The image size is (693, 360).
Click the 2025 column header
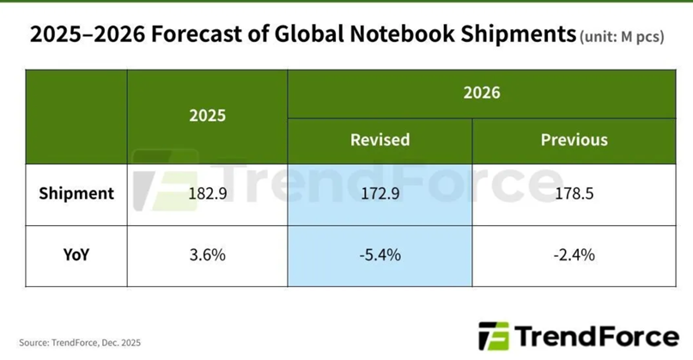[x=207, y=115]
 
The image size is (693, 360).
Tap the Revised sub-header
[x=380, y=139]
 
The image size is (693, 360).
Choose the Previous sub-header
[x=574, y=139]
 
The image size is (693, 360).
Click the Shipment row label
[x=76, y=193]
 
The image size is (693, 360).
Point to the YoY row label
[x=76, y=254]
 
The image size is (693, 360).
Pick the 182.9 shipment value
[x=207, y=194]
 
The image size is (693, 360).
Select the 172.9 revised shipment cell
[x=380, y=194]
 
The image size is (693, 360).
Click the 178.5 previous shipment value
[x=574, y=194]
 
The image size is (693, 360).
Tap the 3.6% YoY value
[x=207, y=255]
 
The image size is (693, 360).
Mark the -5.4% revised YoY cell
[x=380, y=255]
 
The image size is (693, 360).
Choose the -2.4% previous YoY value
[x=574, y=255]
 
